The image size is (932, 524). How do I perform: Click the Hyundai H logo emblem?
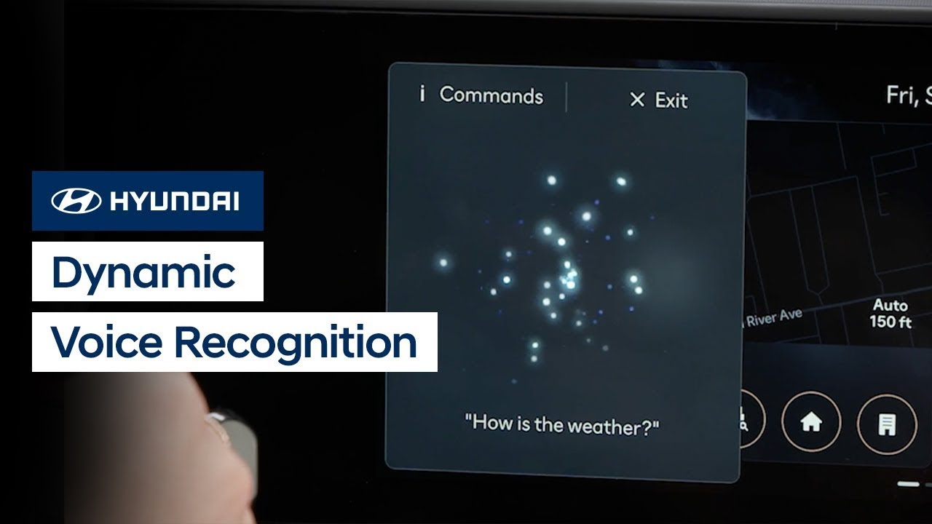click(x=76, y=201)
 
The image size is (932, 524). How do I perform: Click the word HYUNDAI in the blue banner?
click(x=174, y=201)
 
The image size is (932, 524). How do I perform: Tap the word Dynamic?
click(x=143, y=272)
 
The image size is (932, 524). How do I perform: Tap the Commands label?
click(x=491, y=95)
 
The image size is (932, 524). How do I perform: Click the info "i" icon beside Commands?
click(x=422, y=94)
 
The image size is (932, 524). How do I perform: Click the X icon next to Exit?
click(x=636, y=100)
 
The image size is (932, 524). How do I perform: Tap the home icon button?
click(x=810, y=423)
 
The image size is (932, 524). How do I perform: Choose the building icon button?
click(x=886, y=424)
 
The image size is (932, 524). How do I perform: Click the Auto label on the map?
click(x=890, y=305)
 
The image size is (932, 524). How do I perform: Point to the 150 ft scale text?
click(x=890, y=322)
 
